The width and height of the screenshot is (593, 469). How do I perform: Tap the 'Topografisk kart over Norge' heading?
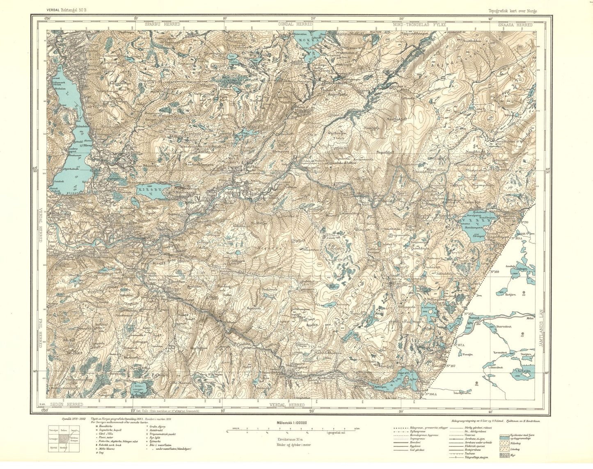pyautogui.click(x=513, y=11)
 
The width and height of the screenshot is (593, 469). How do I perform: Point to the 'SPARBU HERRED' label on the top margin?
pyautogui.click(x=162, y=25)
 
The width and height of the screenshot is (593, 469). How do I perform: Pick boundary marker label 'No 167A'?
pyautogui.click(x=458, y=345)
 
